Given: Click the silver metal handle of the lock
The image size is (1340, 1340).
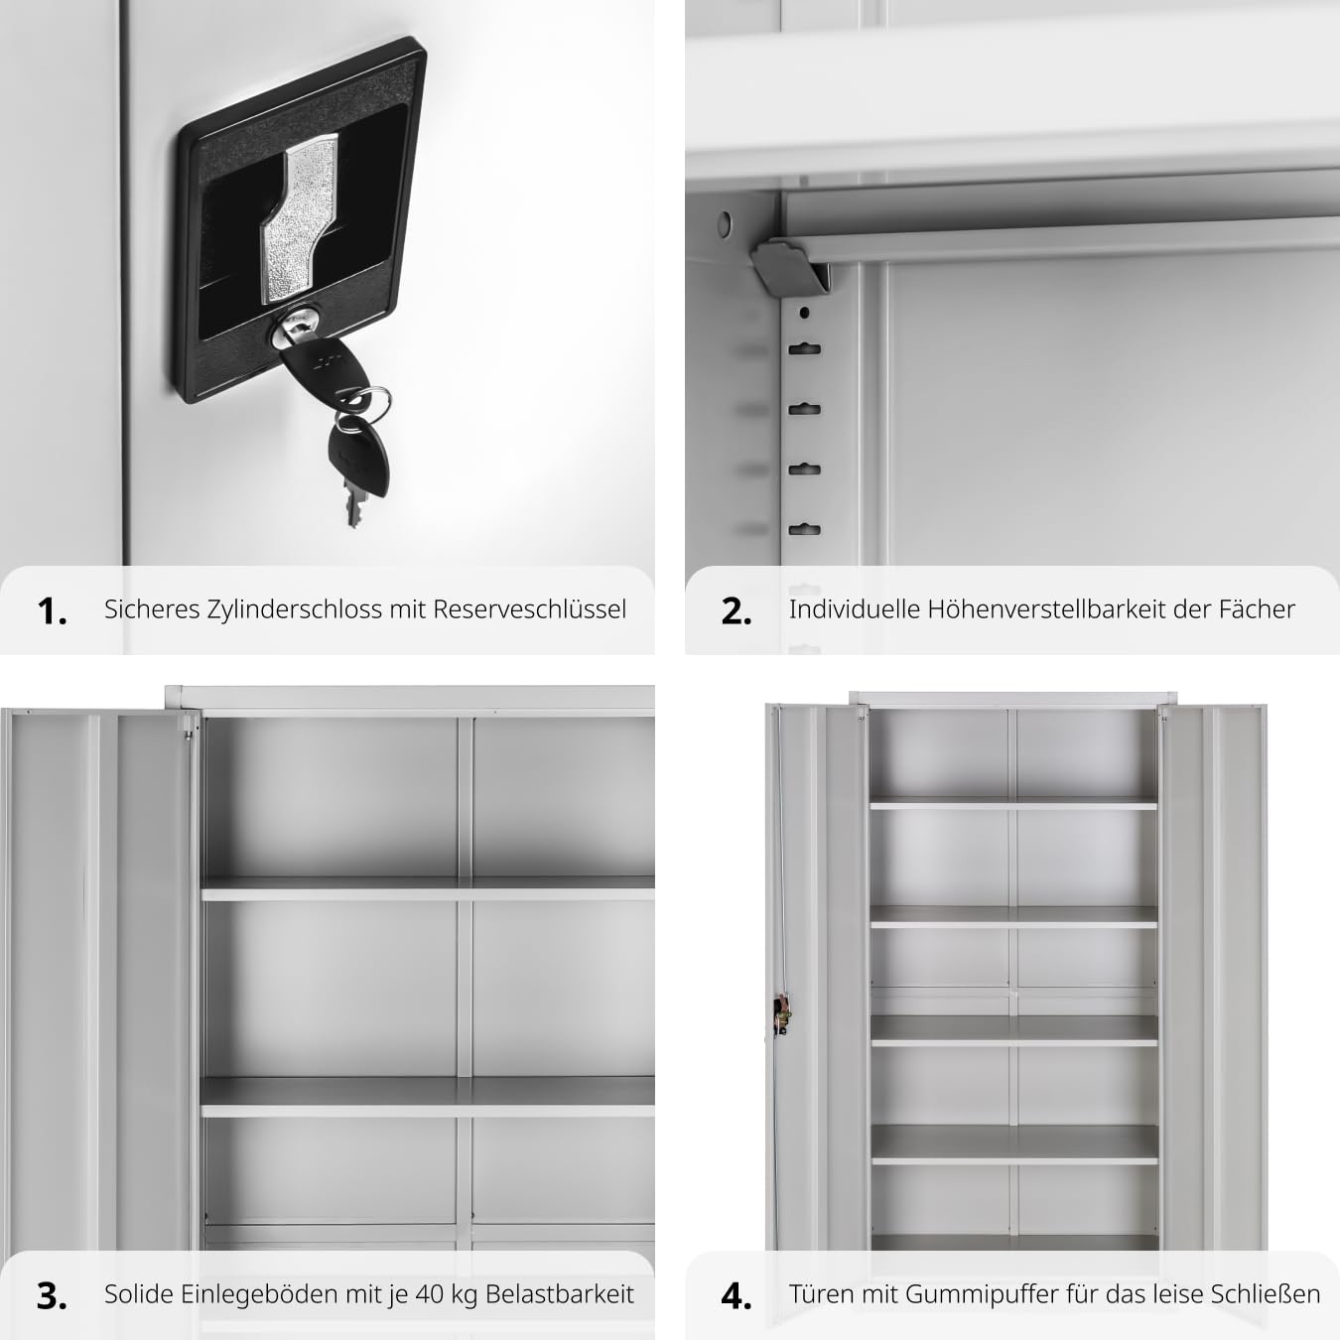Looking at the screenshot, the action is pyautogui.click(x=299, y=219).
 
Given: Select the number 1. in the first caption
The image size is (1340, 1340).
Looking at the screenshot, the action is pyautogui.click(x=53, y=611).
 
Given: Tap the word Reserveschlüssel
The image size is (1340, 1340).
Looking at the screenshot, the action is pyautogui.click(x=530, y=609).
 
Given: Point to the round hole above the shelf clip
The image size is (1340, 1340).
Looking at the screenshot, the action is pyautogui.click(x=725, y=223).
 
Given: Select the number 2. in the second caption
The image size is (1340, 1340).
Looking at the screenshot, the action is pyautogui.click(x=737, y=611).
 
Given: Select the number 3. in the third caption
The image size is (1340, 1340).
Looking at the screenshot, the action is pyautogui.click(x=53, y=1296).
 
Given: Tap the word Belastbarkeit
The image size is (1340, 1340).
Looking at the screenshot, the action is pyautogui.click(x=560, y=1294).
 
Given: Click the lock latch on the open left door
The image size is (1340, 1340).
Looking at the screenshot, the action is pyautogui.click(x=781, y=1018).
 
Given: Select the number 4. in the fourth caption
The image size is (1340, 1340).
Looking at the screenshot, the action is pyautogui.click(x=737, y=1296).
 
